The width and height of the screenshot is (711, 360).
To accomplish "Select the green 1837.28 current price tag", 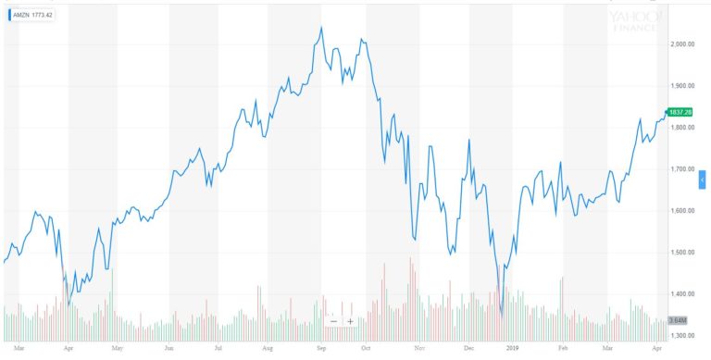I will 680,113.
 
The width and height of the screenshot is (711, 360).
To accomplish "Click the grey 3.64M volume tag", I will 677,320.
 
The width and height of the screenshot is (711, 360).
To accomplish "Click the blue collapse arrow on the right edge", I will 702,178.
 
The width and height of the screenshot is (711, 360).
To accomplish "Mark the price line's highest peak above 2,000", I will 320,28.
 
